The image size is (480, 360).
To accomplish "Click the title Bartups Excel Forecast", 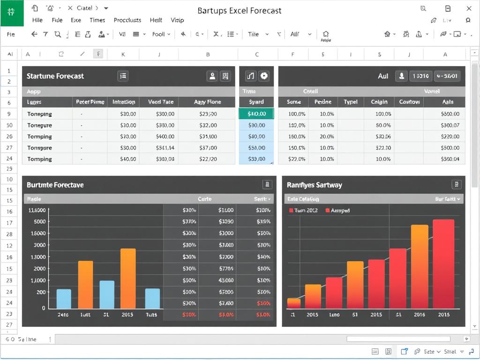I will [x=240, y=10].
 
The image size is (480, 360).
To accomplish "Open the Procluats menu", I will [x=127, y=20].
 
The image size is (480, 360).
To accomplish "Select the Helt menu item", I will [x=156, y=20].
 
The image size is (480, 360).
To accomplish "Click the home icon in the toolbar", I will [x=326, y=34].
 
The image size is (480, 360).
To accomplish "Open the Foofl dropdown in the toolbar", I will [x=161, y=34].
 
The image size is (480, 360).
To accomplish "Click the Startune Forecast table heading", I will [x=55, y=76].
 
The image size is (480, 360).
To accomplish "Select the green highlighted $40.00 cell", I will [x=256, y=114].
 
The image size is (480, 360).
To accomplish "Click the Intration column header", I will [x=124, y=102].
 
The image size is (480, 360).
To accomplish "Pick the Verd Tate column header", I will [x=161, y=102].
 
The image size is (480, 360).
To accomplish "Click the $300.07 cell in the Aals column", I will [x=450, y=125].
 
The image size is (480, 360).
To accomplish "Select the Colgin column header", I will [x=379, y=102].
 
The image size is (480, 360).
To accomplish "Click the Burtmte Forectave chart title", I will [x=55, y=185].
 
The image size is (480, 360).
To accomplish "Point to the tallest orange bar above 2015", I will [x=128, y=278].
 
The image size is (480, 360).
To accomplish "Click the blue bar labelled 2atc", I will [x=64, y=299].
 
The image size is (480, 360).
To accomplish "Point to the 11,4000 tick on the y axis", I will [x=37, y=210].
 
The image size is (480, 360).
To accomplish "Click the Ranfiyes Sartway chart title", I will [x=314, y=185].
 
